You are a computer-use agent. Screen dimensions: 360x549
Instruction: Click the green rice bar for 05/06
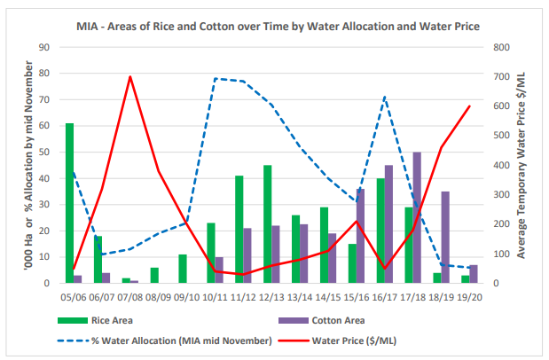click(69, 203)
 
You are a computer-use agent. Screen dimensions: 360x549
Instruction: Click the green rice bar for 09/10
click(183, 269)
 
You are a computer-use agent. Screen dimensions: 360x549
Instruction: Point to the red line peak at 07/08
click(130, 76)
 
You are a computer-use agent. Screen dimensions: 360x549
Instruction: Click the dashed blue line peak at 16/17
click(384, 97)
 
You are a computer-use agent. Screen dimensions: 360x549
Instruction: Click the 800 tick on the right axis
click(501, 47)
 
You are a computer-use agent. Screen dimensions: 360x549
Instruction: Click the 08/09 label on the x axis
click(159, 298)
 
